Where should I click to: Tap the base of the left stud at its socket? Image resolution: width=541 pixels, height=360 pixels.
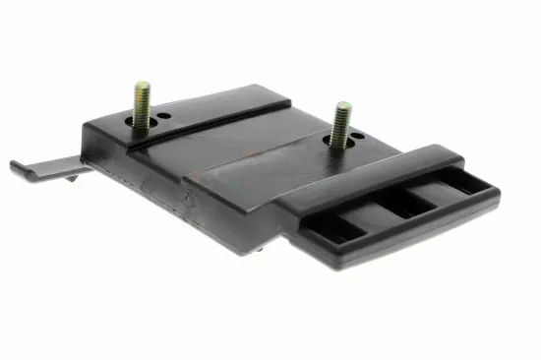pos(144,126)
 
